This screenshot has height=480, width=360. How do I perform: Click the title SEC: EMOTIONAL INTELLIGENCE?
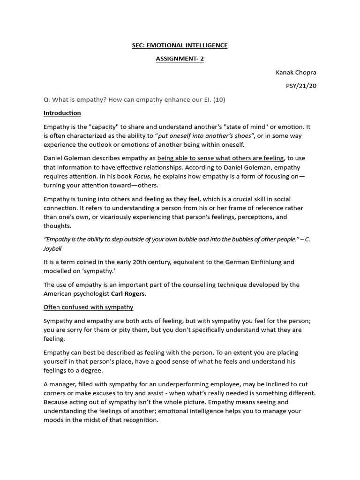tap(180, 45)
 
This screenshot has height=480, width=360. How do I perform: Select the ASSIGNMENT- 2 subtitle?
tap(180, 59)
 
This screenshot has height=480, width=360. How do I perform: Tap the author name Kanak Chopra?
tap(296, 73)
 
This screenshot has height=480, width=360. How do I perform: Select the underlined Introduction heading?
tap(62, 113)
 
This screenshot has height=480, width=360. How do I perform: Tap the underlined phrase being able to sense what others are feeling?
tap(220, 158)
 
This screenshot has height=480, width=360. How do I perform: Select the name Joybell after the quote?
tap(52, 248)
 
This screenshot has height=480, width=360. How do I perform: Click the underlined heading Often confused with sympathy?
tap(88, 307)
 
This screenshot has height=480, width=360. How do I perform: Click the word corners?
tap(56, 393)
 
